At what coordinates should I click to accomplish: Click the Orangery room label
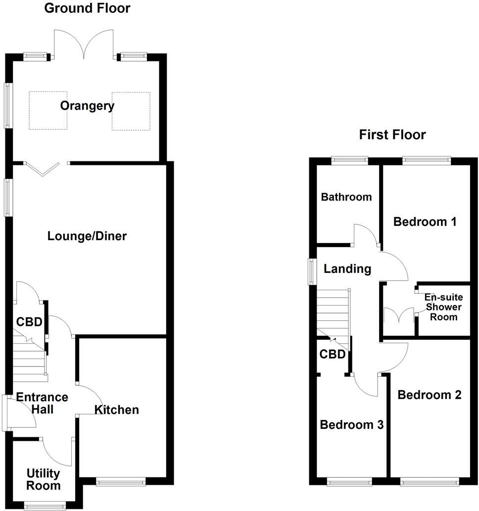coord(87,105)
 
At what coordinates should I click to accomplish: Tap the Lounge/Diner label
coord(87,236)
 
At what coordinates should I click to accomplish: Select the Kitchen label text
coord(117,410)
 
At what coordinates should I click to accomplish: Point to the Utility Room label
coord(44,479)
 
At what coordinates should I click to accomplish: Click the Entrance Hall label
coord(42,403)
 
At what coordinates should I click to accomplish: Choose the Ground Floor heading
coord(87,8)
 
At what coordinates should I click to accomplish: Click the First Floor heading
coord(392,135)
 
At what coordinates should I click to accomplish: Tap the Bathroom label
coord(346,197)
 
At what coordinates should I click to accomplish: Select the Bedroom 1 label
coord(425,222)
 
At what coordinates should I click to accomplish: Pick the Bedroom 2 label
coord(430,395)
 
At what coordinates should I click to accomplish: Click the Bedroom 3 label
coord(351,425)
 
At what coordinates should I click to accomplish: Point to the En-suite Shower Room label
coord(444,307)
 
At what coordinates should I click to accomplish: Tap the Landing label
coord(347,269)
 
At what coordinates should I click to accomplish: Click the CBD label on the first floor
coord(332,355)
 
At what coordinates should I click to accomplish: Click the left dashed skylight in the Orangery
coord(48,110)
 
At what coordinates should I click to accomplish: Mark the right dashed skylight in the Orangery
coord(131,111)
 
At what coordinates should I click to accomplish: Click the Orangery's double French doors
coord(85,44)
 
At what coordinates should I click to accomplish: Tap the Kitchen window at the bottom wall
coord(121,480)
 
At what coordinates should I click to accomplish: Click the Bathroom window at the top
coord(350,160)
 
